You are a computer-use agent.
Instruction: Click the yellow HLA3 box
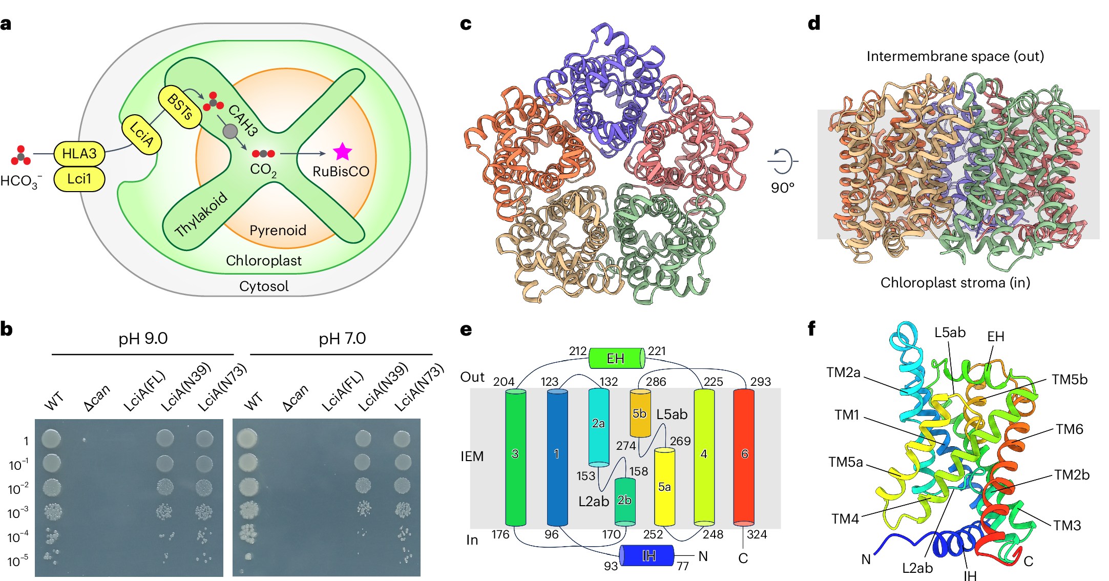(79, 153)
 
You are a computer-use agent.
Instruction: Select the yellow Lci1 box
(79, 179)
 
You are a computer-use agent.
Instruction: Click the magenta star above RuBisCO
(342, 152)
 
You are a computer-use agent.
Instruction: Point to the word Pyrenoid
(278, 230)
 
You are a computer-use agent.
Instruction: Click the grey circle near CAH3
(230, 131)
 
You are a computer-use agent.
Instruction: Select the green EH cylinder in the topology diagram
(616, 358)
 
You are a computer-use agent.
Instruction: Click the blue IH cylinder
(646, 555)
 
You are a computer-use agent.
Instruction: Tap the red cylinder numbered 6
(744, 457)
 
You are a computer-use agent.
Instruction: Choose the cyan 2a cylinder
(598, 427)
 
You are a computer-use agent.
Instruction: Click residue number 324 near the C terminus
(757, 534)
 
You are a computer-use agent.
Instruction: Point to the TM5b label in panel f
(1070, 380)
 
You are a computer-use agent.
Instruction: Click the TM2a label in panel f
(843, 372)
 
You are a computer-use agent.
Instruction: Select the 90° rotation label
(782, 188)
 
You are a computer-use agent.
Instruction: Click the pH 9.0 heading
(143, 339)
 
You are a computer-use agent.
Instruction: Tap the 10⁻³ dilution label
(18, 513)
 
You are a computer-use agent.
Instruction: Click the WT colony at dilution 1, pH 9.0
(51, 439)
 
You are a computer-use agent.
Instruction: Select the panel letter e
(466, 330)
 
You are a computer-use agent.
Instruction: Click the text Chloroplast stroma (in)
(955, 283)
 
